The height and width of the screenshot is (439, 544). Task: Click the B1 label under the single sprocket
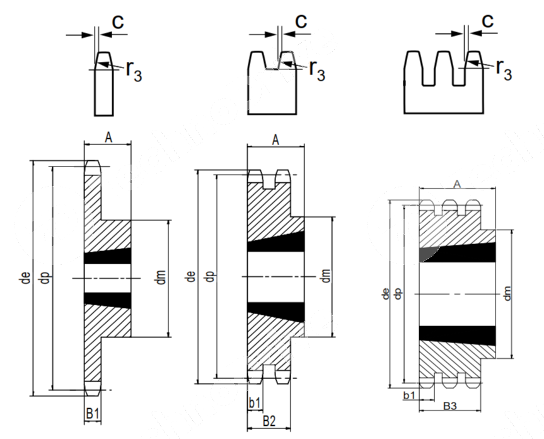(93, 414)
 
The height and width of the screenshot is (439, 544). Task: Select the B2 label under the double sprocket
(269, 420)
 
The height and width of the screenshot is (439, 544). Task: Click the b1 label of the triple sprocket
(408, 395)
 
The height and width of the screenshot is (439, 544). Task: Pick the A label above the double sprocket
(275, 140)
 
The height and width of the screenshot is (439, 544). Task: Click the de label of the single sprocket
(25, 278)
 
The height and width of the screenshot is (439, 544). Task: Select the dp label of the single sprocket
(45, 278)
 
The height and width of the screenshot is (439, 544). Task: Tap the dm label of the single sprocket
(161, 278)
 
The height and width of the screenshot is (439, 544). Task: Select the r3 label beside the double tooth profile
(317, 70)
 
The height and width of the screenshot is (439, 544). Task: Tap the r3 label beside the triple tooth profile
(504, 67)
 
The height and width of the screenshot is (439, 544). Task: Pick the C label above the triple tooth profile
(487, 21)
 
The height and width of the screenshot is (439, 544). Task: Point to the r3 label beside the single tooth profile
(134, 70)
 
